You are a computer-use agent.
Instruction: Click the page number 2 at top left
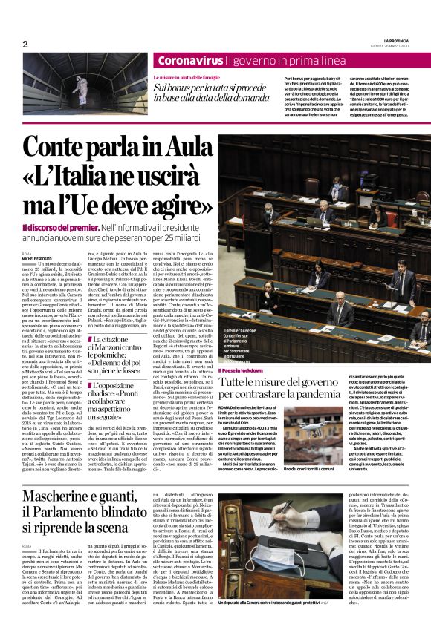(25, 44)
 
